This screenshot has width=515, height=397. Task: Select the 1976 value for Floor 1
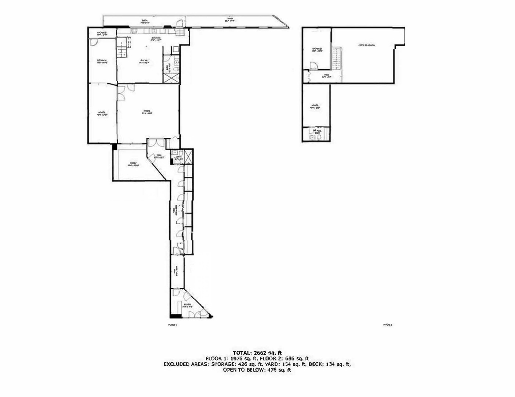(x=238, y=359)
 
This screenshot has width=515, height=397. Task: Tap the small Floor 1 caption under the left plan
(x=173, y=325)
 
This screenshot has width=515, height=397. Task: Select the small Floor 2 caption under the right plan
(x=388, y=325)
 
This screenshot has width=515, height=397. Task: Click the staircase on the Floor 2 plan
(x=337, y=58)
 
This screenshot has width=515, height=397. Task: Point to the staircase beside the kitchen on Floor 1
(x=123, y=48)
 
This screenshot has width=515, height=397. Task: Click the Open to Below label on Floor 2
(x=367, y=45)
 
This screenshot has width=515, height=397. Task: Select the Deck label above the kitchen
(x=144, y=21)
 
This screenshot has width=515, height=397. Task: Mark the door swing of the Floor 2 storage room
(x=314, y=66)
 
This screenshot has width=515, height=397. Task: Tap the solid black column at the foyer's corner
(x=175, y=316)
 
